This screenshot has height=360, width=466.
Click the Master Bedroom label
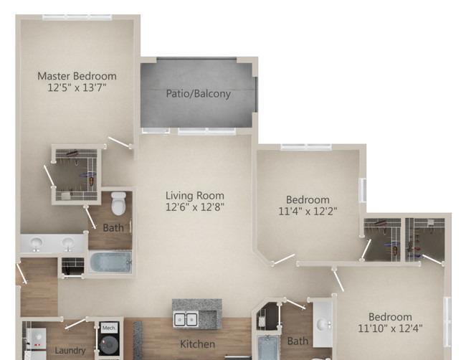pyautogui.click(x=77, y=76)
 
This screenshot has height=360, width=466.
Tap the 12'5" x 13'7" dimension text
pyautogui.click(x=77, y=87)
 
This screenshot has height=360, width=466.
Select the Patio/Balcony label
pyautogui.click(x=198, y=94)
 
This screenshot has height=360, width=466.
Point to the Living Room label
pyautogui.click(x=195, y=196)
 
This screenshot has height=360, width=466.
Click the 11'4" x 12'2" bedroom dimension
pyautogui.click(x=308, y=212)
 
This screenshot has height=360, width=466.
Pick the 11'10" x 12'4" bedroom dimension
pyautogui.click(x=390, y=328)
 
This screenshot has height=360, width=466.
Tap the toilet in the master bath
pyautogui.click(x=118, y=204)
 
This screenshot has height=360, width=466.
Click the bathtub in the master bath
pyautogui.click(x=110, y=262)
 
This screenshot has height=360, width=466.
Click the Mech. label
pyautogui.click(x=109, y=328)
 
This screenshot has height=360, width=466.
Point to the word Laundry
pyautogui.click(x=70, y=351)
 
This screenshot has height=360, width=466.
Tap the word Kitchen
pyautogui.click(x=198, y=344)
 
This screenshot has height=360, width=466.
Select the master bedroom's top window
pyautogui.click(x=77, y=17)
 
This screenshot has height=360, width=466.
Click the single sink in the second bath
pyautogui.click(x=323, y=323)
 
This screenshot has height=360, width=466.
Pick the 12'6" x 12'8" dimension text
pyautogui.click(x=195, y=207)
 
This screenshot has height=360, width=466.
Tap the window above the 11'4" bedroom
pyautogui.click(x=306, y=147)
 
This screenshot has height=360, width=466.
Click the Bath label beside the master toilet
pyautogui.click(x=113, y=228)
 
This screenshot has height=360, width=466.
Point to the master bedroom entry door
pyautogui.click(x=120, y=142)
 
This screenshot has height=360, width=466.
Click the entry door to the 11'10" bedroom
pyautogui.click(x=338, y=280)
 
